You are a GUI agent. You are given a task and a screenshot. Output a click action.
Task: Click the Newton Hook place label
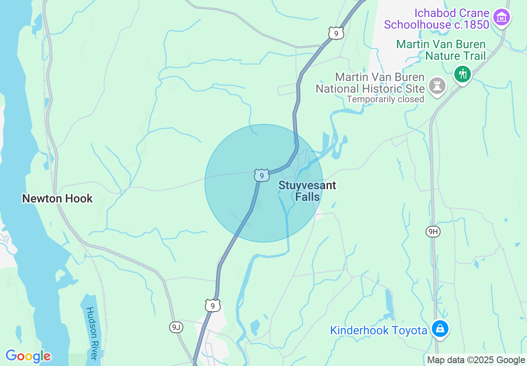point(57,199)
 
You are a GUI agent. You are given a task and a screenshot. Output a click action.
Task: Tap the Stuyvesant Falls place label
point(307,191)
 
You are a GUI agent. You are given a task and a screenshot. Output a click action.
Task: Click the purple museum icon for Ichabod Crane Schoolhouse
point(502,17)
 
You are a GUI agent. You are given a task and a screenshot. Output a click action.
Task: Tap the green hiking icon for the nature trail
point(462,75)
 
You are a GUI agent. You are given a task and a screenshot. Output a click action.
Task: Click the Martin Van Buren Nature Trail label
point(441,50)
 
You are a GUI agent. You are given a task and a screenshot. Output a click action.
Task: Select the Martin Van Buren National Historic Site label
point(370,83)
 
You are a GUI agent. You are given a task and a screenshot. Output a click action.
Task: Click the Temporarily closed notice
point(385,99)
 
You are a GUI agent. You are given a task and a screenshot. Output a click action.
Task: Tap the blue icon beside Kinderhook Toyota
point(440,329)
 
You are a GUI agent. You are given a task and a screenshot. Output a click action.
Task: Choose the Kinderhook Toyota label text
point(379,331)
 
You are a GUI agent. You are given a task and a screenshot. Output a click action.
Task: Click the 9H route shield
point(433,232)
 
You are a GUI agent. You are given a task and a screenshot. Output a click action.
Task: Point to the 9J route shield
point(176,327)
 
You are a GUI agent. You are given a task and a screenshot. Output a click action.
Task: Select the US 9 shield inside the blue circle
point(261,176)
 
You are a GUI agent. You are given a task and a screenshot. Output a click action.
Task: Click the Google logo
point(28,356)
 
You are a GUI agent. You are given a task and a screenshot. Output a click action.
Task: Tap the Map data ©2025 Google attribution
point(476,360)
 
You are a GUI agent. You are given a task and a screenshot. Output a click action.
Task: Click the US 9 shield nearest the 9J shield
point(212,306)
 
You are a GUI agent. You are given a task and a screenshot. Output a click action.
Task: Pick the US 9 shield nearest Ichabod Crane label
point(335,33)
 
